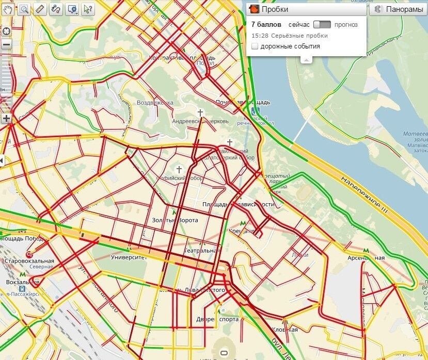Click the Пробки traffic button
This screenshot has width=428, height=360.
(268, 9)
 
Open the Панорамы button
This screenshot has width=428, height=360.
(398, 9)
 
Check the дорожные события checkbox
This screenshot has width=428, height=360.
(255, 46)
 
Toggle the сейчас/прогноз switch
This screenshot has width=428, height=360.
(322, 24)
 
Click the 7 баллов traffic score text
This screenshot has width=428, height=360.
(266, 24)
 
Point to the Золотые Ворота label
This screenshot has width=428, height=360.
(175, 220)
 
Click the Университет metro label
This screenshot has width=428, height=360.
(129, 256)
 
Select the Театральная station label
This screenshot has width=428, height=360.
(202, 251)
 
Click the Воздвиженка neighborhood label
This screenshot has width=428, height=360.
(155, 103)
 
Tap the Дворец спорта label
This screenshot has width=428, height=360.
(217, 319)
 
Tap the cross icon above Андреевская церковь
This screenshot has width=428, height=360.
(200, 112)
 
